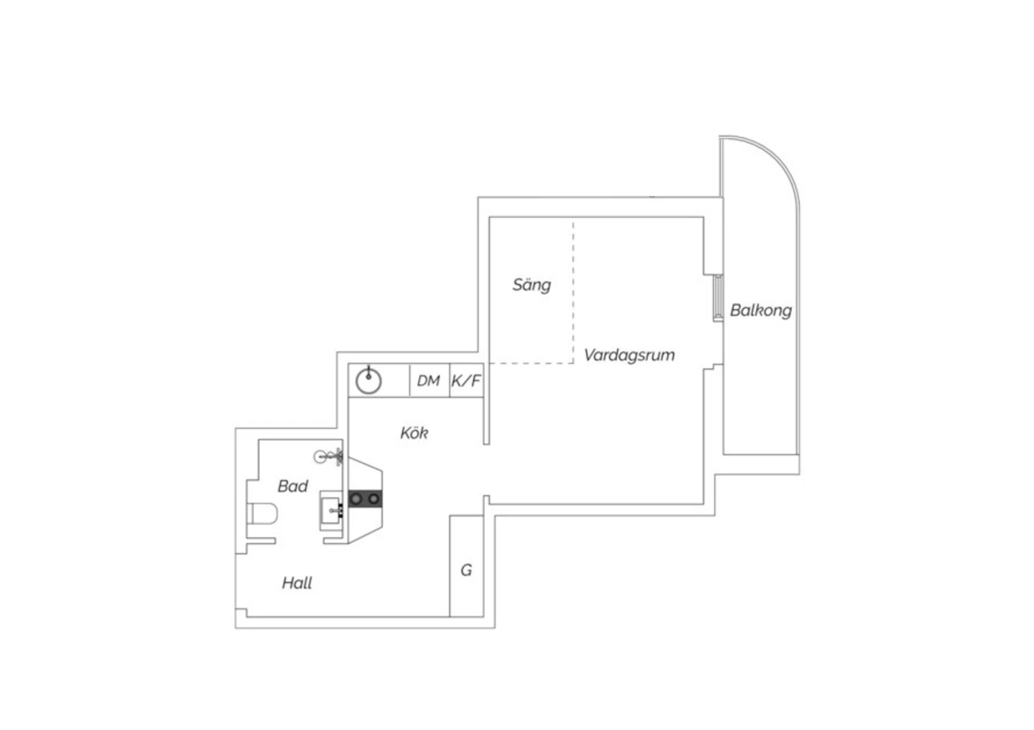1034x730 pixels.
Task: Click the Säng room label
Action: (x=531, y=285)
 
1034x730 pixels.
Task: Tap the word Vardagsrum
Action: (x=629, y=355)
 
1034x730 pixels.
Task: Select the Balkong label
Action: (x=760, y=311)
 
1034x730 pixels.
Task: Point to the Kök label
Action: (x=414, y=433)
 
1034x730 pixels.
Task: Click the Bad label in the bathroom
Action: (x=292, y=486)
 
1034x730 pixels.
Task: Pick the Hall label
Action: (x=296, y=583)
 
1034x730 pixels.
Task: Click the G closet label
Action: (x=466, y=570)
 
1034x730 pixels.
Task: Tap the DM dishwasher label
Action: (x=428, y=381)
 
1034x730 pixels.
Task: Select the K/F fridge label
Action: (x=466, y=381)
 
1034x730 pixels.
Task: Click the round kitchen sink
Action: (x=369, y=380)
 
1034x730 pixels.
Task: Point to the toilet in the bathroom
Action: (x=263, y=514)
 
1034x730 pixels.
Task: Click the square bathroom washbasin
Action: (x=332, y=510)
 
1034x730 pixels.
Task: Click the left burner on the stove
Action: (x=357, y=498)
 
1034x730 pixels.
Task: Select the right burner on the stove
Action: (x=373, y=498)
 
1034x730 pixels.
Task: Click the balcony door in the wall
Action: (x=717, y=298)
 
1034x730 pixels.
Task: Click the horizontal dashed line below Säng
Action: (x=531, y=363)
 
